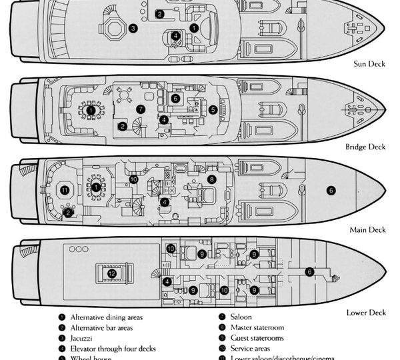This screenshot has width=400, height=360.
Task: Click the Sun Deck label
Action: (x=369, y=65)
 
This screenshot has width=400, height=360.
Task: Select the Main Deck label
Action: (x=367, y=230)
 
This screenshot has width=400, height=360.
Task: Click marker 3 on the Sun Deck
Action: (x=133, y=29)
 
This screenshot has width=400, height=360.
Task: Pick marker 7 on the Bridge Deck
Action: (x=140, y=109)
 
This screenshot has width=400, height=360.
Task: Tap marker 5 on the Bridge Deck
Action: (x=213, y=110)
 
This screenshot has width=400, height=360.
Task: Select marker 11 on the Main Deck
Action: (x=65, y=190)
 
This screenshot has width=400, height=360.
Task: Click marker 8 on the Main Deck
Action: (x=212, y=179)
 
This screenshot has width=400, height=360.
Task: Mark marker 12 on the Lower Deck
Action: (x=112, y=273)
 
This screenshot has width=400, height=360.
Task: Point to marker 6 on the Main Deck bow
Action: (x=331, y=191)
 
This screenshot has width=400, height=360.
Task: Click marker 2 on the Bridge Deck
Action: (x=123, y=126)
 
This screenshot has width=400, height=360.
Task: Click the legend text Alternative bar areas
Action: (x=101, y=327)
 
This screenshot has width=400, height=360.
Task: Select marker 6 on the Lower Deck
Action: (x=309, y=271)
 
